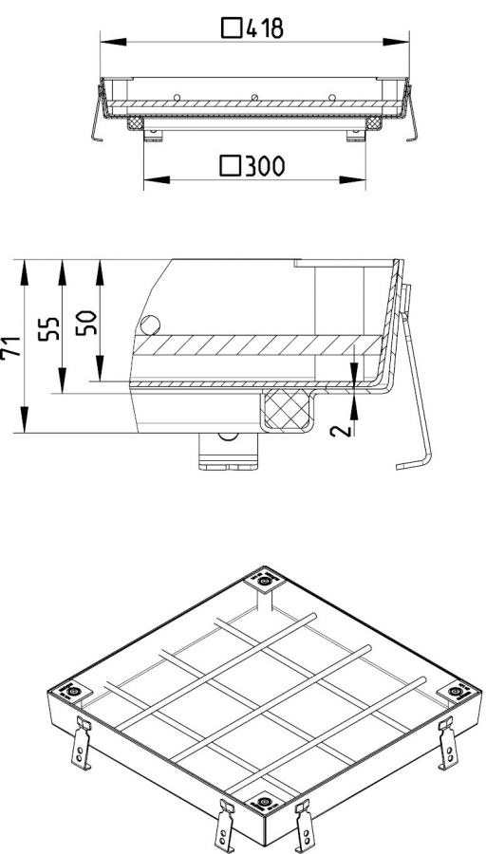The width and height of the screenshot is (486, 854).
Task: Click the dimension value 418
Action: [265, 28]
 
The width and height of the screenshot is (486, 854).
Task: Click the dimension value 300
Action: [265, 165]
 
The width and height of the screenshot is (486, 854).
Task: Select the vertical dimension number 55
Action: [49, 329]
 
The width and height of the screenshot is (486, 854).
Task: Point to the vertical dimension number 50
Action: [86, 323]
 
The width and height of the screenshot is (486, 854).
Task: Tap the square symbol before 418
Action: [232, 28]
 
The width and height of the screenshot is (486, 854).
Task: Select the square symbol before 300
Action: [231, 165]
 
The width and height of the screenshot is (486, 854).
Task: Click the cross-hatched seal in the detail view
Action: [287, 410]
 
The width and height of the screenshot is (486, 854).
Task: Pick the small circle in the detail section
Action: [150, 325]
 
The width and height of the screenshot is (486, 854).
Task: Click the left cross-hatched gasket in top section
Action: [136, 123]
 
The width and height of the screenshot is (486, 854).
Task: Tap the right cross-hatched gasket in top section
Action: [373, 123]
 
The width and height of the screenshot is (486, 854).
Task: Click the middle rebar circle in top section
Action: [253, 98]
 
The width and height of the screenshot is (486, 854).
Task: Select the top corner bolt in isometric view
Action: [264, 582]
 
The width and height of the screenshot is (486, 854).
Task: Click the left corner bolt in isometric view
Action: [73, 692]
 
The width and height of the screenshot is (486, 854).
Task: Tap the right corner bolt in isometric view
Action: [456, 692]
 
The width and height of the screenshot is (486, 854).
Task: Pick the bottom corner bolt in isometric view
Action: [264, 802]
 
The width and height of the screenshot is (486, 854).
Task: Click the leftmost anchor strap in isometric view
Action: [82, 743]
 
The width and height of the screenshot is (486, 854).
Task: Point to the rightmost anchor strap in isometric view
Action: [448, 743]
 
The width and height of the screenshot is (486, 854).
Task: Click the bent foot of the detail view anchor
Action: [414, 463]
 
